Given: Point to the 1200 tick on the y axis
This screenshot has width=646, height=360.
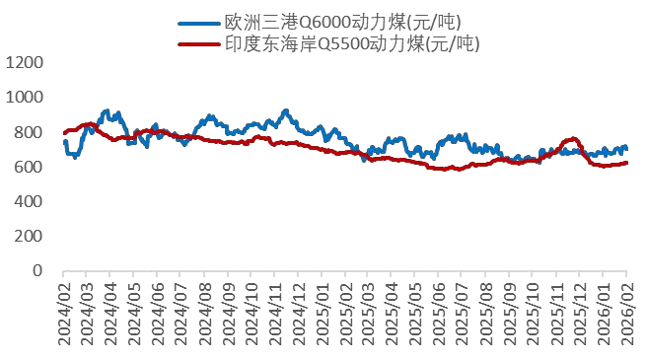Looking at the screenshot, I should [25, 62].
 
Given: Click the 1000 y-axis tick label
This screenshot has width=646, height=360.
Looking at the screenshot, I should [25, 97].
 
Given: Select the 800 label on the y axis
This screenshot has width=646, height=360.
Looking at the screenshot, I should [29, 132].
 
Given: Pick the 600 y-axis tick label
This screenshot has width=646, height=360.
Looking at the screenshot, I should [29, 167].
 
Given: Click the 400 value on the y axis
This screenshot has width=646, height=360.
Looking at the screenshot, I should [29, 201].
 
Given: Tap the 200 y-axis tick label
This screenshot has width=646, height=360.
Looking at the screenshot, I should [29, 236].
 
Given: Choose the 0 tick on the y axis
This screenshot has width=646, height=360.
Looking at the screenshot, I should [38, 270].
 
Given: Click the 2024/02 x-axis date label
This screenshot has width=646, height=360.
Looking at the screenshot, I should [63, 311].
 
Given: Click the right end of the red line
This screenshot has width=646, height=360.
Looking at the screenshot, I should [626, 163].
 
